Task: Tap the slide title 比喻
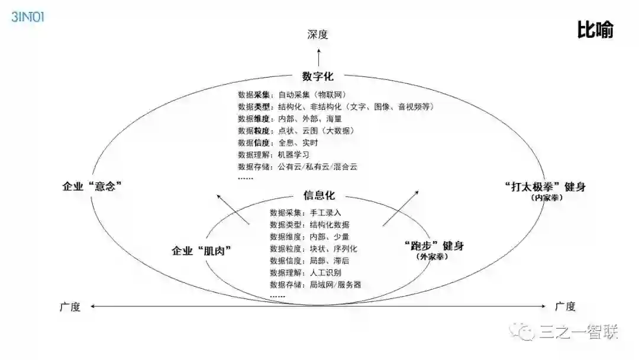tap(595, 30)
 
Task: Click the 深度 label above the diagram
tap(318, 35)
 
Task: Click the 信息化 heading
tap(319, 196)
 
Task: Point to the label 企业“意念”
tap(92, 186)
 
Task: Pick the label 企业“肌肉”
tap(201, 250)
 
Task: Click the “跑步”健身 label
tap(433, 246)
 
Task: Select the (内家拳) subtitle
tap(547, 198)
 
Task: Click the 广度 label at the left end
tap(69, 306)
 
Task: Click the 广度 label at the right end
tap(565, 306)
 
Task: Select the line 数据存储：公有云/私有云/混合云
tap(298, 166)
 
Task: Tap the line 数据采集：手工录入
tap(305, 213)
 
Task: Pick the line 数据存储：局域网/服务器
tap(315, 284)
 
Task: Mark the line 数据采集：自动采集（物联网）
tap(292, 95)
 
